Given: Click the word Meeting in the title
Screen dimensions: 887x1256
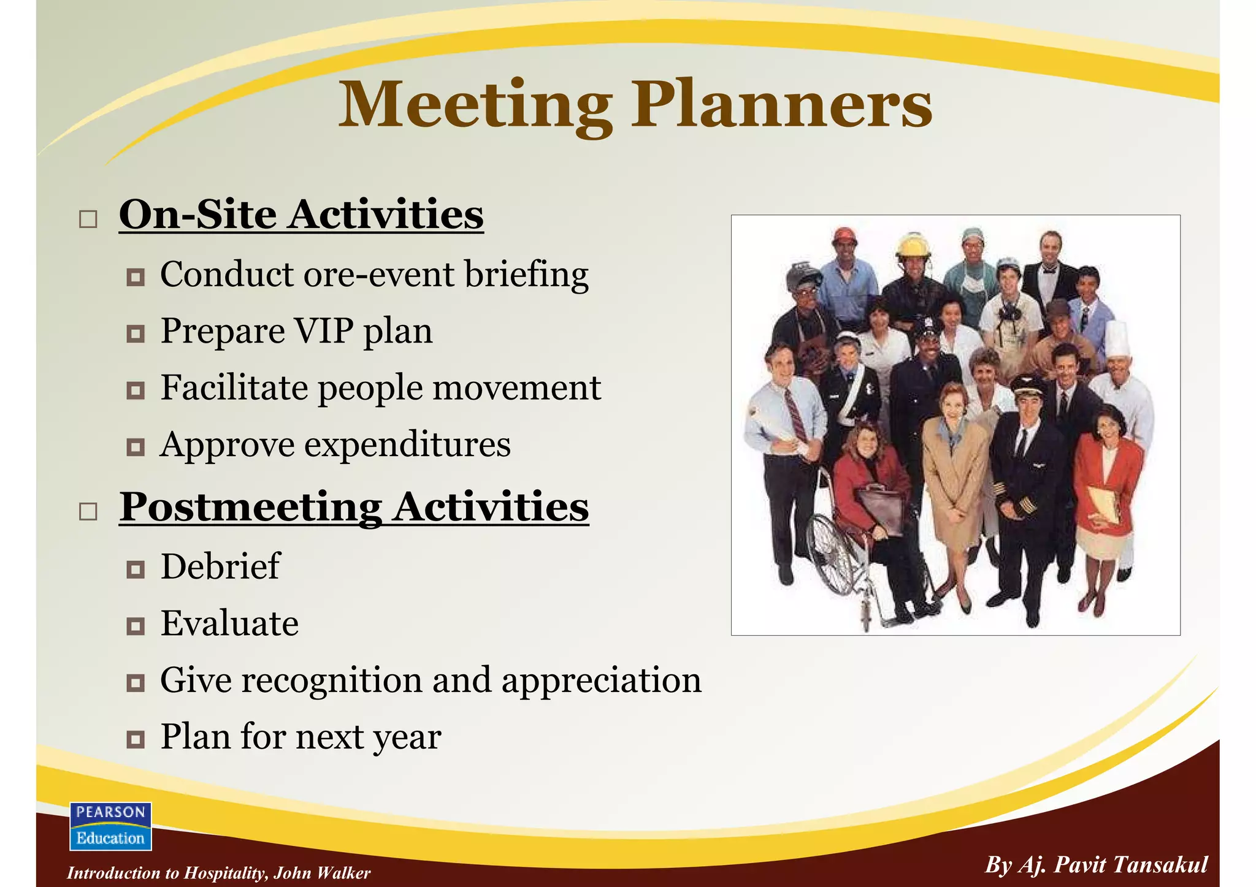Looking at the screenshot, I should (x=475, y=105).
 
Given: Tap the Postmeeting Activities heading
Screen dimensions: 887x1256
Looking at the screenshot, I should (x=354, y=507).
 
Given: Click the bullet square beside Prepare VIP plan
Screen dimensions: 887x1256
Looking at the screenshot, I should (x=135, y=334).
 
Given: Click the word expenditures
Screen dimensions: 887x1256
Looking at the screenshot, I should (x=407, y=444).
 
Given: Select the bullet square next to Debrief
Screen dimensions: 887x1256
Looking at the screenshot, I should (x=135, y=569).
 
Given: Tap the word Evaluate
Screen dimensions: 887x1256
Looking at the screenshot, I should (x=229, y=623).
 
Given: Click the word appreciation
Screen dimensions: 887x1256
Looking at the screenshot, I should (x=601, y=680).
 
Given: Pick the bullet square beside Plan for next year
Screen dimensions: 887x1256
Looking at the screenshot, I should (x=135, y=739).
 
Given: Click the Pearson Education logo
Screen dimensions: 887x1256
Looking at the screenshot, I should (x=110, y=826).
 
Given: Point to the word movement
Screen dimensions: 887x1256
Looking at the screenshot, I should (x=527, y=388).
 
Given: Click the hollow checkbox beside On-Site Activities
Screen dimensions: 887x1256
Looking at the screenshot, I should (x=88, y=219).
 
